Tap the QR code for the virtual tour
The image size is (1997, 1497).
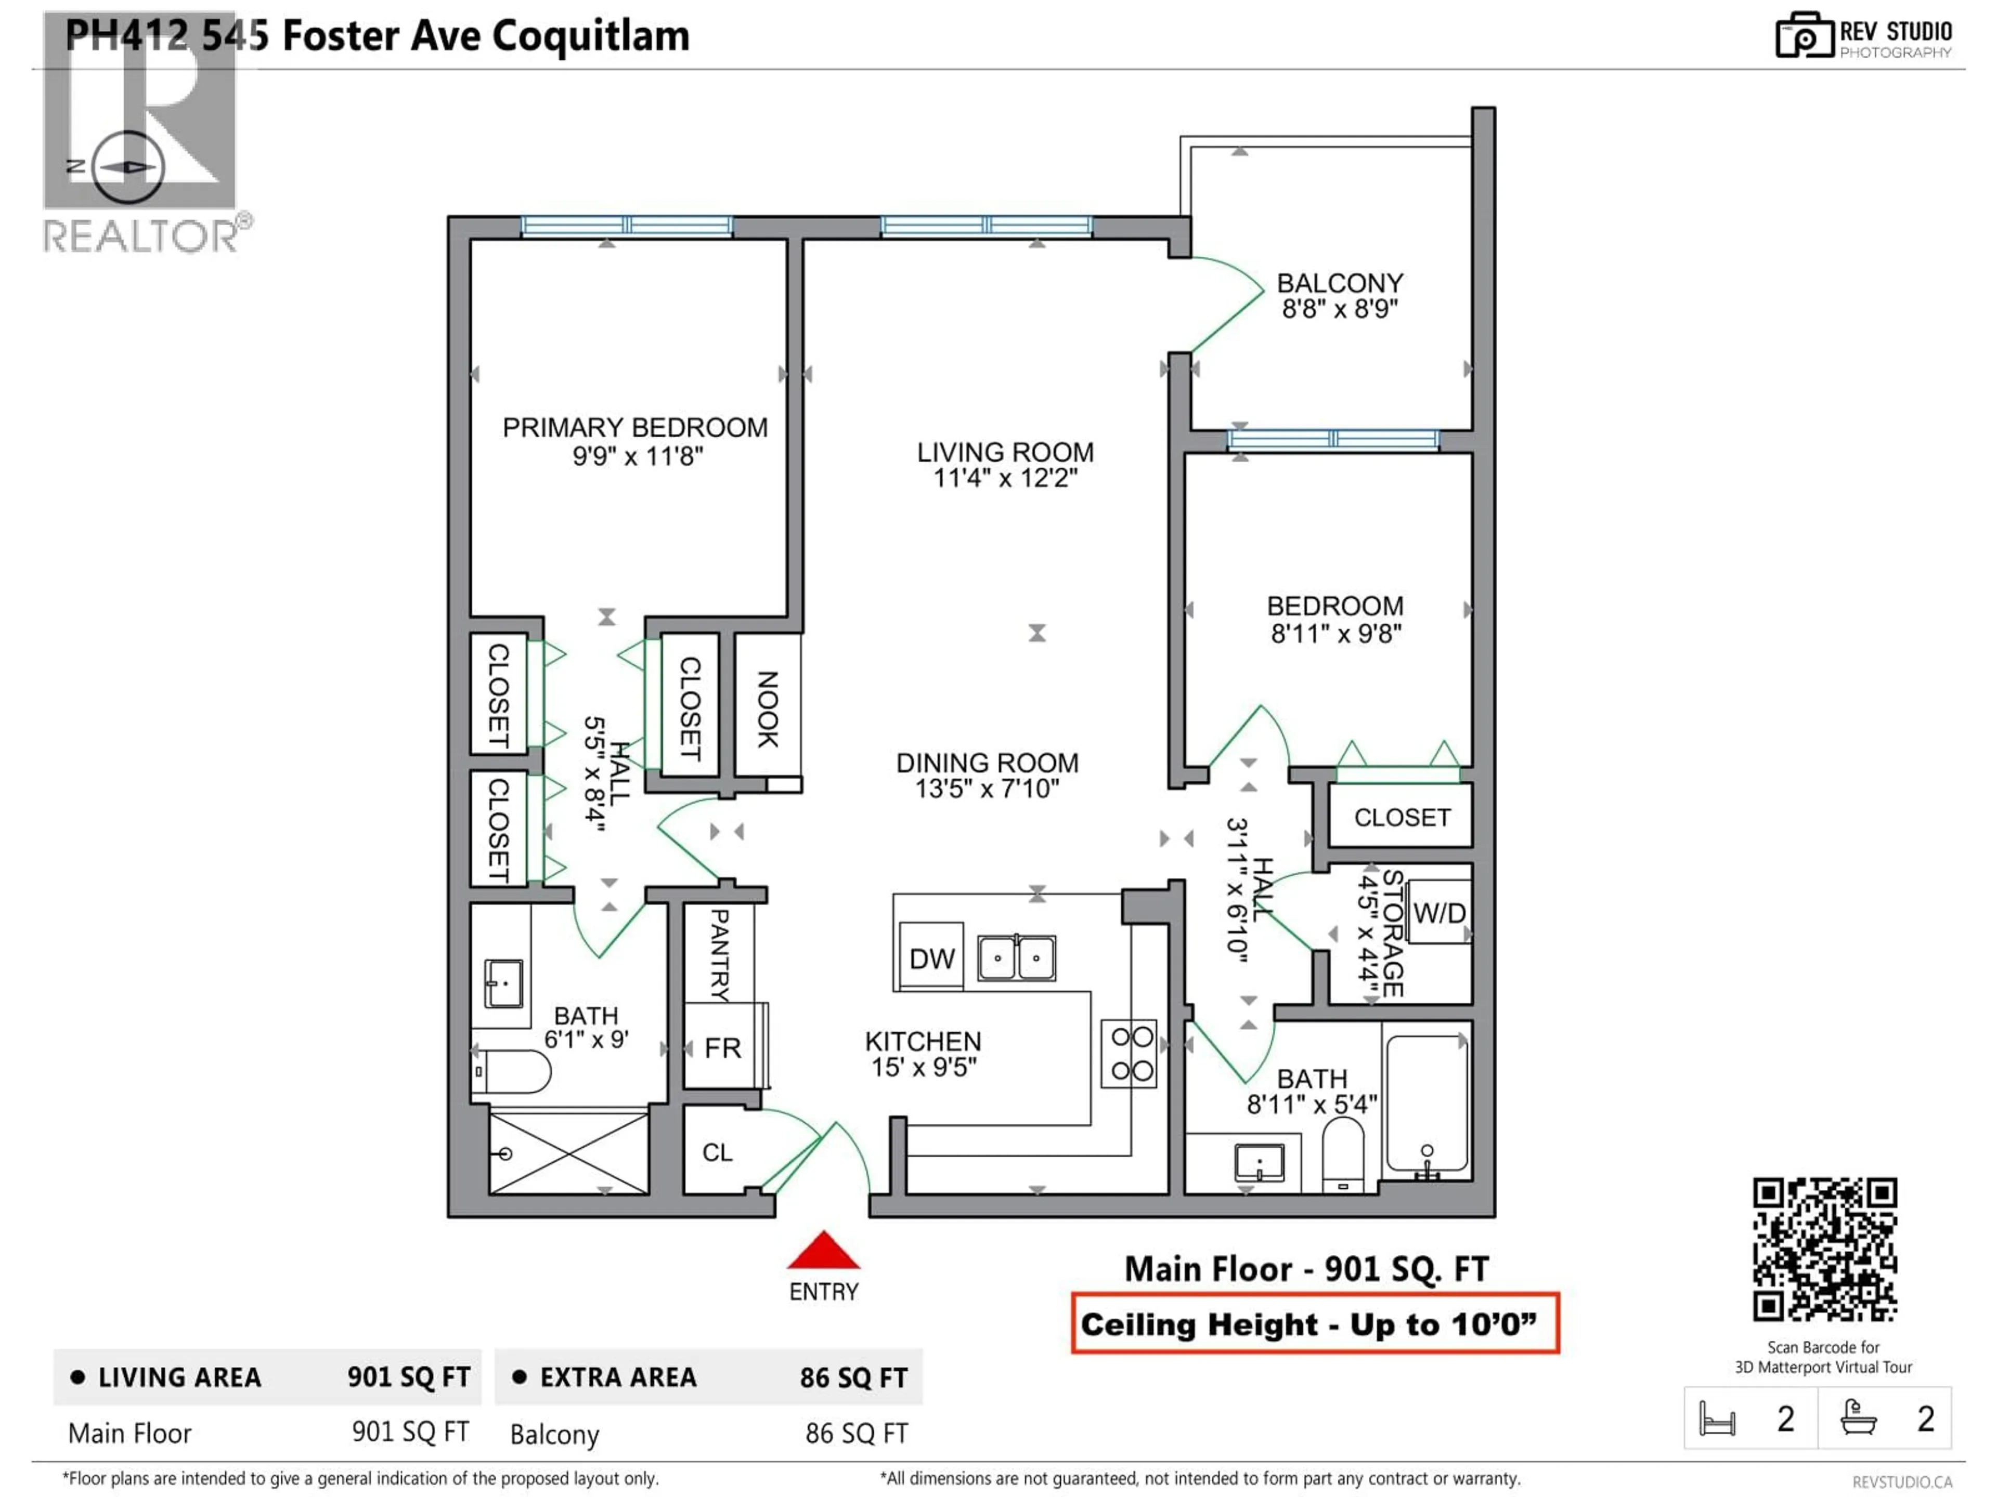pyautogui.click(x=1824, y=1249)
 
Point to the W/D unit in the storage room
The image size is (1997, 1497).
pyautogui.click(x=1439, y=913)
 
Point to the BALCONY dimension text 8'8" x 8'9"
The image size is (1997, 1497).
pyautogui.click(x=1340, y=309)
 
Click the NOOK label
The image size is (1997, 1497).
pyautogui.click(x=768, y=709)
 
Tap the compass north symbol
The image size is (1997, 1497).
pyautogui.click(x=129, y=167)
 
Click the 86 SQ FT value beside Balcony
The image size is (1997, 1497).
pyautogui.click(x=856, y=1434)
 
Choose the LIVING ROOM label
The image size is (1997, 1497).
pyautogui.click(x=1005, y=452)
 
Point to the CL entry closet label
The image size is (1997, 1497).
pyautogui.click(x=718, y=1152)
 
